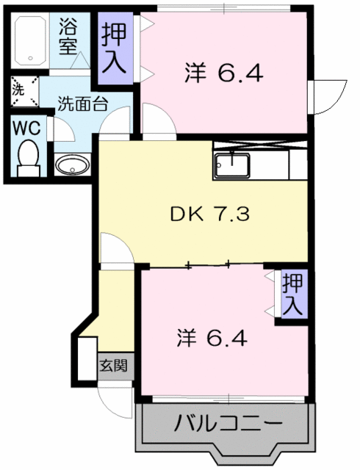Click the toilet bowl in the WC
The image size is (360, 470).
tap(29, 156)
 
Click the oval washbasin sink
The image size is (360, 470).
tap(71, 165)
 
